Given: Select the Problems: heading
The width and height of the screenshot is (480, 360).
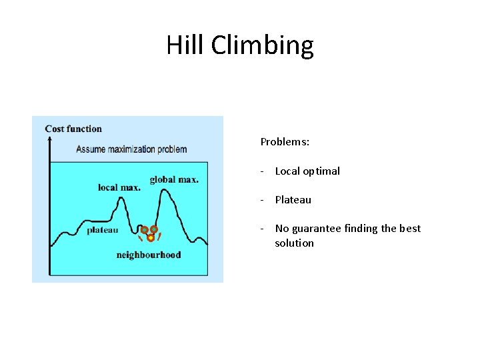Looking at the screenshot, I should [285, 142].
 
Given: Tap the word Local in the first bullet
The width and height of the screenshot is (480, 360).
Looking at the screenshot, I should [288, 171].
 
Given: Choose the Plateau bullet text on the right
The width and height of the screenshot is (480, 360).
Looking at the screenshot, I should [293, 200].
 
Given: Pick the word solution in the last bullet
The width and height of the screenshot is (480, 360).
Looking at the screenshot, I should [294, 243].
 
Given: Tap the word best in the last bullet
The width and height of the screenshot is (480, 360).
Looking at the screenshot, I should [410, 229].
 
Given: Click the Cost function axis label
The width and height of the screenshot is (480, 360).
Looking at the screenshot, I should [73, 129].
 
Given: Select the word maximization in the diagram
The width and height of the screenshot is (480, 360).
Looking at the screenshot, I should [133, 149].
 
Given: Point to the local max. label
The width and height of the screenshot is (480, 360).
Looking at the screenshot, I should [119, 187].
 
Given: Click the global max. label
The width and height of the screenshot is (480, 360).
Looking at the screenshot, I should [174, 179].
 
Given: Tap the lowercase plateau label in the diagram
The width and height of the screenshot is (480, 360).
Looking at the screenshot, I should [102, 230].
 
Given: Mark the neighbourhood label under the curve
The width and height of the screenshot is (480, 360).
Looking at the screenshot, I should [148, 255].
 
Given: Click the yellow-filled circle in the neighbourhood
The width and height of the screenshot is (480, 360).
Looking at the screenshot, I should [151, 237].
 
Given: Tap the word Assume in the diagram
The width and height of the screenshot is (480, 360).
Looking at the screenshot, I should [91, 149].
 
